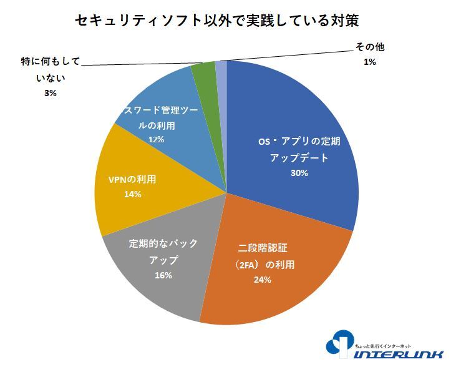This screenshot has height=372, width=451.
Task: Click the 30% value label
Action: tap(299, 173)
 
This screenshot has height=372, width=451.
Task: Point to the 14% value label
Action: tap(133, 194)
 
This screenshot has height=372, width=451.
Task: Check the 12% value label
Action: tap(156, 140)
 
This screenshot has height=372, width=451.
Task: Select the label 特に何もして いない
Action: tap(51, 71)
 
